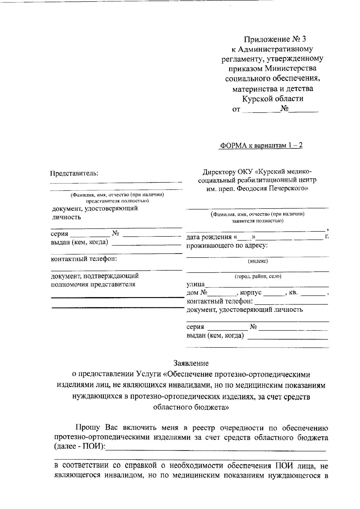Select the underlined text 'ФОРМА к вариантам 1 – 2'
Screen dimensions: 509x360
(261, 146)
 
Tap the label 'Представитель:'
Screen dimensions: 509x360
(74, 173)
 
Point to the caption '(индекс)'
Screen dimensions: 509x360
(258, 261)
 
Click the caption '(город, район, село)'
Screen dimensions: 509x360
(258, 276)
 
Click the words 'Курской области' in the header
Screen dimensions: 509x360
(273, 99)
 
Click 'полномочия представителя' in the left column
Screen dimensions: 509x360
(93, 284)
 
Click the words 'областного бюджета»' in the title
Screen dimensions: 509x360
(191, 407)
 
